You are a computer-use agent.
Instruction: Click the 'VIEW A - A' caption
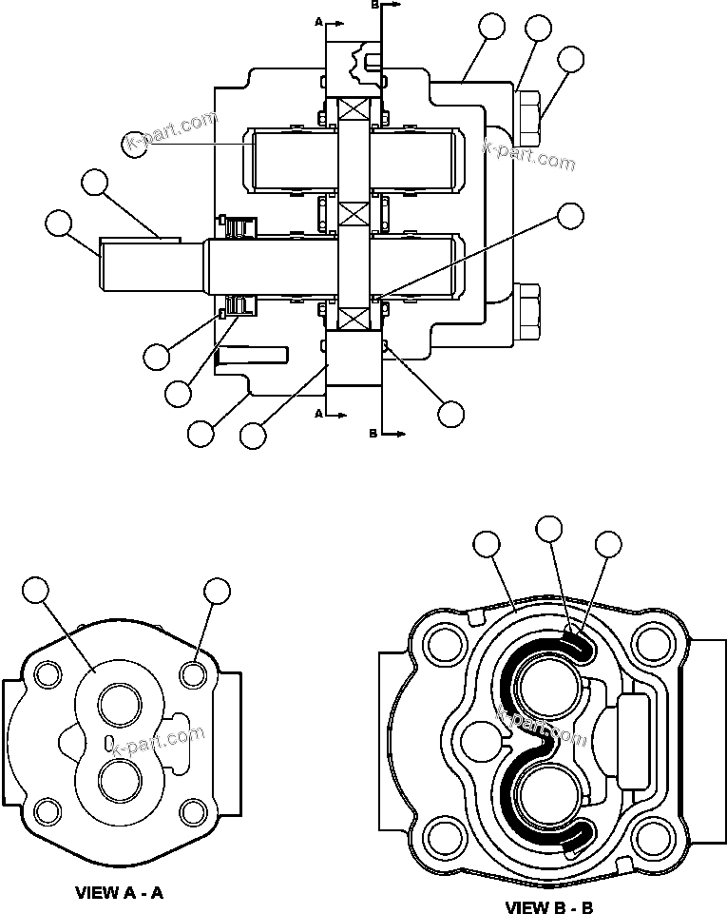coord(120,893)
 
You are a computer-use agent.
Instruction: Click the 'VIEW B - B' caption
coord(548,906)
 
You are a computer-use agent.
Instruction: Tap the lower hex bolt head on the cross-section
coord(529,313)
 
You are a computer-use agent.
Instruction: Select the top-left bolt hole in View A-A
coord(45,675)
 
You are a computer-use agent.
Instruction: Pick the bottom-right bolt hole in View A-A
coord(194,812)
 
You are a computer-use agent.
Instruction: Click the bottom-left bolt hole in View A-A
coord(45,812)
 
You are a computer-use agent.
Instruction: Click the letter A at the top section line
coord(318,19)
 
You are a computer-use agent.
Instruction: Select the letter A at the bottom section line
coord(318,414)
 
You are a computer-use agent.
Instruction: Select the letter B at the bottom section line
coord(373,433)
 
